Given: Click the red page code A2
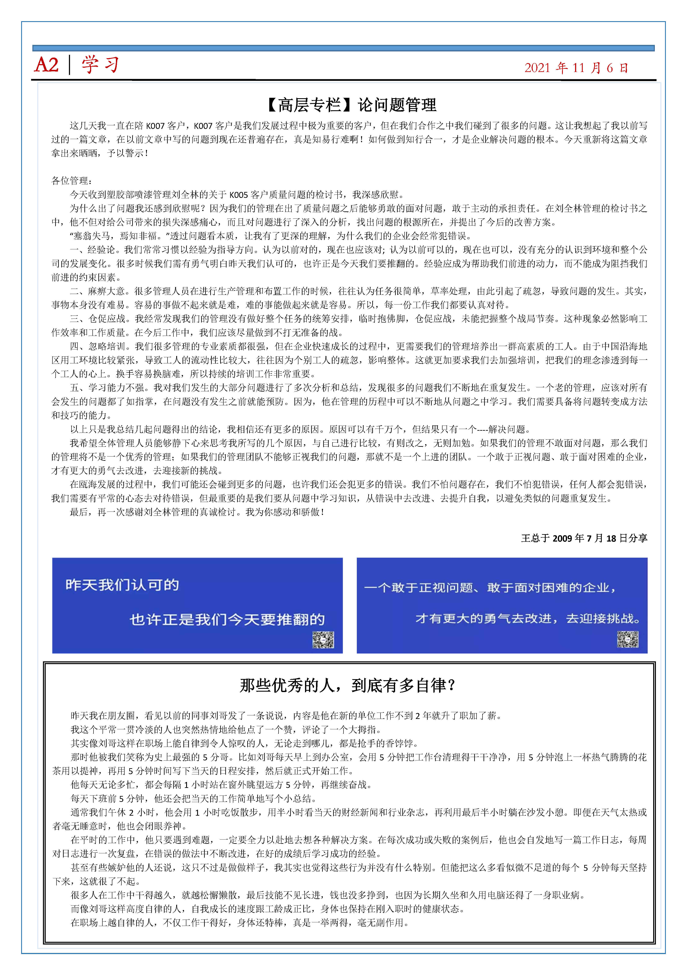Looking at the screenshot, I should [x=46, y=65].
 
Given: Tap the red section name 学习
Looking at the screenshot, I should [x=100, y=65].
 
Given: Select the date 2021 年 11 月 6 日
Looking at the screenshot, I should [x=576, y=68].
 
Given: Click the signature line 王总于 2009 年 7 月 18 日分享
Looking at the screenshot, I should [x=584, y=538].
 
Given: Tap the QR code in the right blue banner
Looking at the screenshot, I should [x=628, y=639].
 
